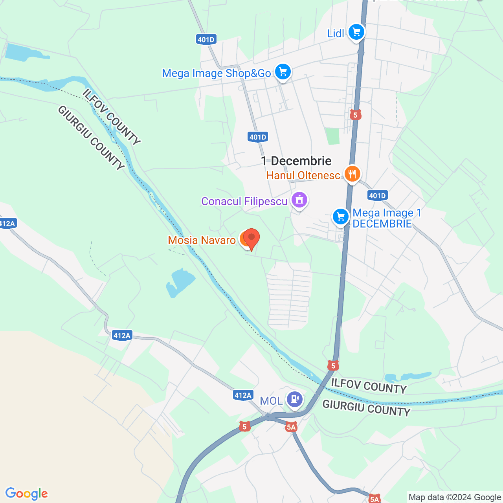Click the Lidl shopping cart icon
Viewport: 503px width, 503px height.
point(356,32)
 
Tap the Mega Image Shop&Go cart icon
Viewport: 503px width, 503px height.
point(283,72)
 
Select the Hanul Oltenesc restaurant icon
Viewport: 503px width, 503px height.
point(352,173)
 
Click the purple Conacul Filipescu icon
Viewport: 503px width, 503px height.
point(299,200)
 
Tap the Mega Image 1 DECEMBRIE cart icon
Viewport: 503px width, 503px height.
point(341,217)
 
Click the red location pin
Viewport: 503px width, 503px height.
point(251,238)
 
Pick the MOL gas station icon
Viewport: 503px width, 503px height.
point(294,399)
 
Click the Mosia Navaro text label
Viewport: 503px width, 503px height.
point(202,240)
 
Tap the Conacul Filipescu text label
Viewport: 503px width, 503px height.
point(244,201)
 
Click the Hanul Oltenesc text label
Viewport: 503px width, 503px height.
point(303,175)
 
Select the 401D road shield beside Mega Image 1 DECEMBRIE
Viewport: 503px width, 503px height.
point(378,195)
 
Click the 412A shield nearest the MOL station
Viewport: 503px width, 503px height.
point(243,395)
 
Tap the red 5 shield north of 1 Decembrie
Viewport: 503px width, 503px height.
point(355,115)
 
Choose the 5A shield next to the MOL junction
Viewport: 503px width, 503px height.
point(291,427)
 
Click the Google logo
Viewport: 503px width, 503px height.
point(27,494)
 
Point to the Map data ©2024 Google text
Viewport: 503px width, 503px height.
point(455,497)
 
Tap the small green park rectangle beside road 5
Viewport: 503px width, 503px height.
point(332,136)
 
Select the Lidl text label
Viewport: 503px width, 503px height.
point(336,33)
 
